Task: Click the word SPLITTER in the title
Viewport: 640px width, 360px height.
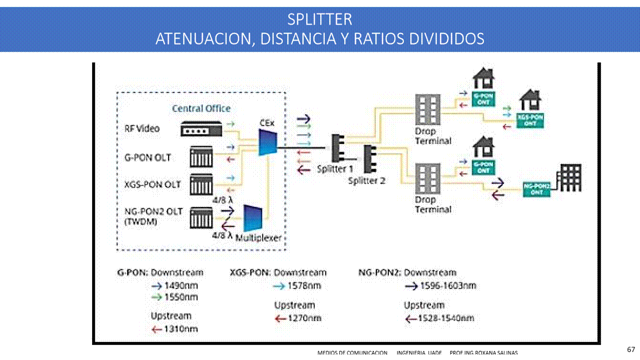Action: (x=319, y=19)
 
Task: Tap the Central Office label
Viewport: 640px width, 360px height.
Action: (x=201, y=108)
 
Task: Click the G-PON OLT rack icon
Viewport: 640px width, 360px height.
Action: (x=201, y=157)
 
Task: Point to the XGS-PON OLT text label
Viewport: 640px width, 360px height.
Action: (x=153, y=184)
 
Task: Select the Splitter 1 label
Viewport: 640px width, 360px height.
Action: (x=335, y=169)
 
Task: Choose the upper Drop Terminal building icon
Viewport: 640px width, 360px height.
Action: (x=427, y=111)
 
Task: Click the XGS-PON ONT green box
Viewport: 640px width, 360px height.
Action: (x=530, y=119)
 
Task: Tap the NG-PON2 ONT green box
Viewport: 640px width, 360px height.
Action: (x=536, y=188)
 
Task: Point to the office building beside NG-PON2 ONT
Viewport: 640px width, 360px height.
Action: (x=570, y=178)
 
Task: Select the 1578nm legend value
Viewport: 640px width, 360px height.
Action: (x=304, y=286)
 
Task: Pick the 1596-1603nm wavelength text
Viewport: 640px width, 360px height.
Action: (x=447, y=286)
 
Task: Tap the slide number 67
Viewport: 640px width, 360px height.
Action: (x=630, y=349)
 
